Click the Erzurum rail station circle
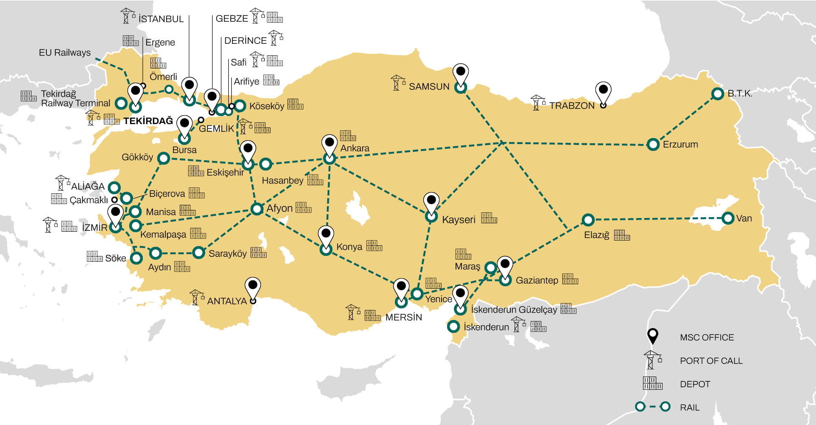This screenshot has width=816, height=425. pos(653,144)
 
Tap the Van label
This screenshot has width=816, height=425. pos(744,218)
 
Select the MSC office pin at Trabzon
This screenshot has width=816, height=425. pos(603,92)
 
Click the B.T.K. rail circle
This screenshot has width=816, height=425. pos(717,94)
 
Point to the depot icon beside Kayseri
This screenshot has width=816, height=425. pos(489,218)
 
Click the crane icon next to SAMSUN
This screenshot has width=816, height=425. pos(398,83)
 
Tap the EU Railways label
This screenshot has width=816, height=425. pos(65,53)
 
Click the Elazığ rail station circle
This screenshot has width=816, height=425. pos(588,220)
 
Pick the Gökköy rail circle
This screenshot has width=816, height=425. pos(164,158)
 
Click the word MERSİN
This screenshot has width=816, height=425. pos(403,317)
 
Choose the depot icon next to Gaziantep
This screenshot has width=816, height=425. pos(570,279)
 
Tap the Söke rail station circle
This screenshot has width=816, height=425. pos(136,258)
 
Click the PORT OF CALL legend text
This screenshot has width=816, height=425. pos(711,361)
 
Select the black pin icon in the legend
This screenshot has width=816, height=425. pos(652,336)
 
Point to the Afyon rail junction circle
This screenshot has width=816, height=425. pos(257,209)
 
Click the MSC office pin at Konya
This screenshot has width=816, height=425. pos(326,236)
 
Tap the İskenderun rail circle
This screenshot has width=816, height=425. pos(453,326)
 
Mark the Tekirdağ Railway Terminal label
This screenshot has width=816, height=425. pos(75,99)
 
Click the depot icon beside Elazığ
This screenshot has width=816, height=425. pos(621,235)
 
